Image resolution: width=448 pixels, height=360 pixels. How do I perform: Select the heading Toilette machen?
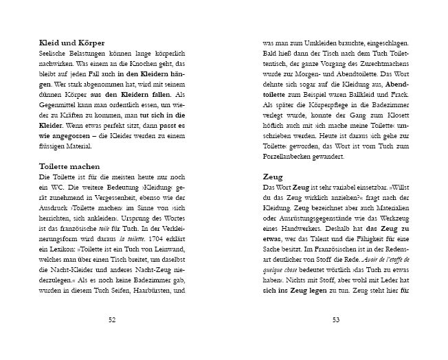pos(69,166)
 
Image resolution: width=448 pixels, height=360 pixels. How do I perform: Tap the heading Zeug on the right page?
pos(273,177)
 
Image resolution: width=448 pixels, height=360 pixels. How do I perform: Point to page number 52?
pos(113,319)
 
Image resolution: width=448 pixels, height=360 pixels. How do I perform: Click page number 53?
pos(336,319)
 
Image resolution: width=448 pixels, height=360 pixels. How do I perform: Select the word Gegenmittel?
pos(59,94)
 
